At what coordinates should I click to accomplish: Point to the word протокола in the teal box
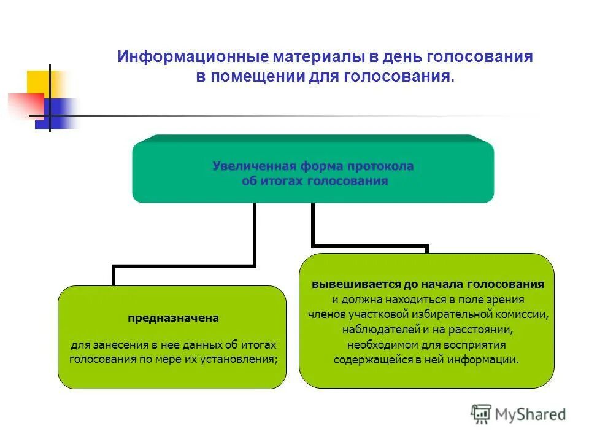(380, 166)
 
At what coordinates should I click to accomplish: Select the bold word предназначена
(173, 318)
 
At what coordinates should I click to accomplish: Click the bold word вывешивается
(356, 285)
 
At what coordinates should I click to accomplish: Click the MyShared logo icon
(481, 414)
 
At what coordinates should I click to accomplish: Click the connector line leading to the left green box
(184, 266)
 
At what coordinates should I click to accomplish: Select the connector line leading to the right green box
(368, 246)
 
